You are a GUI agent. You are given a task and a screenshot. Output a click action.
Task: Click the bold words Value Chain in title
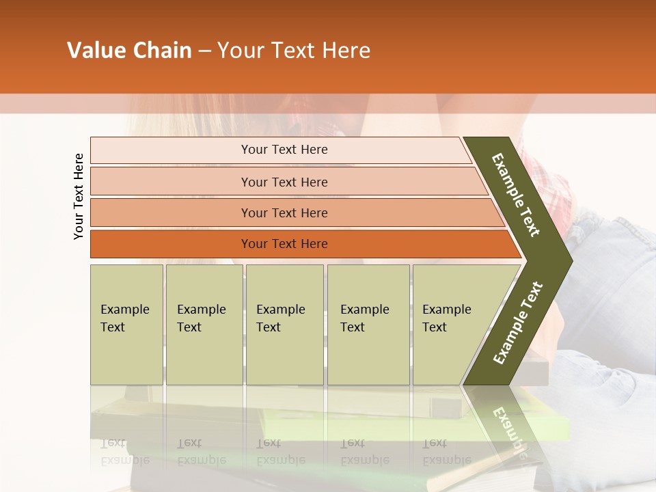tap(129, 51)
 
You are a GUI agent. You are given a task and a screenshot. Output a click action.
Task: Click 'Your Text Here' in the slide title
tap(294, 51)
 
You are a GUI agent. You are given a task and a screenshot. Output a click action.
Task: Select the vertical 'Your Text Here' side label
tap(79, 196)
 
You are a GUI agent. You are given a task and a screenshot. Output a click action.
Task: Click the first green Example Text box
tap(126, 324)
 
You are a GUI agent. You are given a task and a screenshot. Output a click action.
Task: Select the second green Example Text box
tap(204, 324)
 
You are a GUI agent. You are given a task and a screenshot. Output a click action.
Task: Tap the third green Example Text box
tap(284, 324)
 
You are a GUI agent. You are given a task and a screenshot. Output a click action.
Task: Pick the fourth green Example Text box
tap(368, 324)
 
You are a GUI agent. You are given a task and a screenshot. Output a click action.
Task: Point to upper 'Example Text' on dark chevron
tap(516, 195)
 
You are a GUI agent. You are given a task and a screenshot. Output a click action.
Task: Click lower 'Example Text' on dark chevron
tap(518, 323)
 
